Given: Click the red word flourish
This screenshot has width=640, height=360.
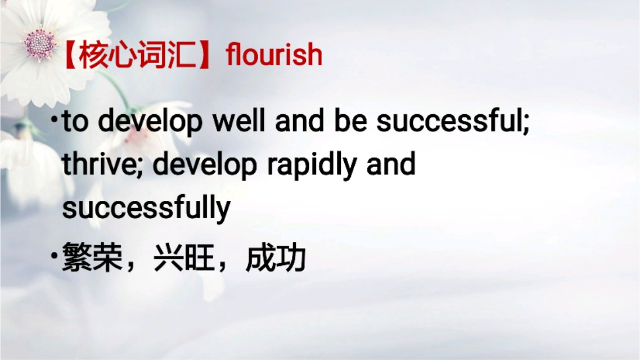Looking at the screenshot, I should coord(274,56).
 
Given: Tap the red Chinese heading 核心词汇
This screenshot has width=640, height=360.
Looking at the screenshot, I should coord(137,56).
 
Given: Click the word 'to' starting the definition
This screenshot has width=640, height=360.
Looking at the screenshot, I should coord(75,122).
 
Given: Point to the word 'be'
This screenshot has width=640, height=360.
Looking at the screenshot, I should coord(351,122).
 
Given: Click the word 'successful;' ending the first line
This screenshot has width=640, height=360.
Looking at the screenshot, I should coord(453,122).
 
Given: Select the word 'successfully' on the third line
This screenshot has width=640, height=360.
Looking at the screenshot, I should coord(146,208).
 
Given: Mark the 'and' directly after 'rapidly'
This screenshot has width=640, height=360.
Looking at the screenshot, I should coord(391,165).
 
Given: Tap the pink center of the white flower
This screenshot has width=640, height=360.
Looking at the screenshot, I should coord(40,43).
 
